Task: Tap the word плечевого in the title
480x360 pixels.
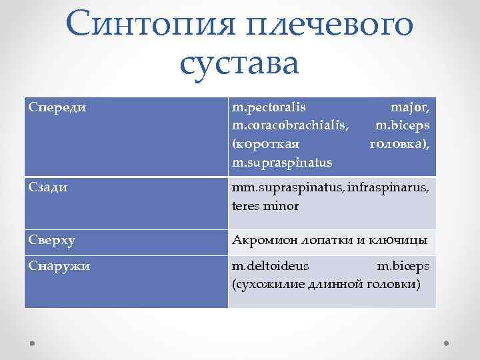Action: (x=331, y=25)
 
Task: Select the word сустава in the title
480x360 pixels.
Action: (x=240, y=64)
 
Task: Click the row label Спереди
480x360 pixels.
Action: (x=58, y=107)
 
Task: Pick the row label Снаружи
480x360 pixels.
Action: (x=59, y=267)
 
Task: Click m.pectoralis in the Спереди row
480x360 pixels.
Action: (x=269, y=106)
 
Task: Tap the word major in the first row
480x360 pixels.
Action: (x=410, y=106)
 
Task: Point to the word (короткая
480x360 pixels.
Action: (x=264, y=143)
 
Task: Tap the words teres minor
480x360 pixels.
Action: (x=265, y=207)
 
